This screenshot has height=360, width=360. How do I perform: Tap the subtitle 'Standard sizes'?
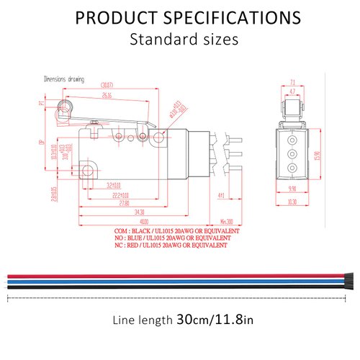pyautogui.click(x=183, y=39)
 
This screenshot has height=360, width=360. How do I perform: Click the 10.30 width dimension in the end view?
pyautogui.click(x=292, y=202)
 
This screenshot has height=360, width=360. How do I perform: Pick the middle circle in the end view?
pyautogui.click(x=292, y=154)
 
